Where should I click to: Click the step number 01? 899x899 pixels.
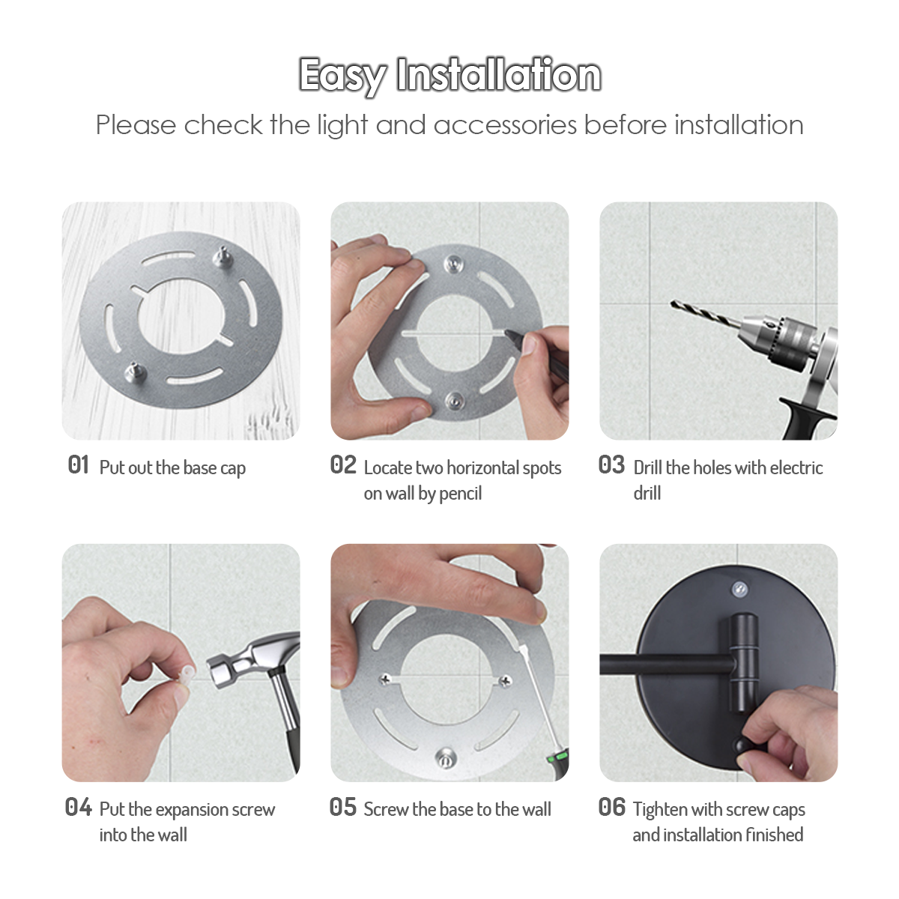point(79,464)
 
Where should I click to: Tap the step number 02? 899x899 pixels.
point(343,464)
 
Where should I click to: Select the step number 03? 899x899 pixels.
point(611,464)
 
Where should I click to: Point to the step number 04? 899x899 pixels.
point(79,807)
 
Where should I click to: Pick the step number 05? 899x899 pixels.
point(343,807)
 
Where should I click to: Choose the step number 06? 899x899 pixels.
point(611,807)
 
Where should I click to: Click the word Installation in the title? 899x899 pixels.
point(498,75)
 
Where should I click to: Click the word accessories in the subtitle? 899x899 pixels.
point(505,125)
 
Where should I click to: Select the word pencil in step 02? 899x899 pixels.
point(461,494)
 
